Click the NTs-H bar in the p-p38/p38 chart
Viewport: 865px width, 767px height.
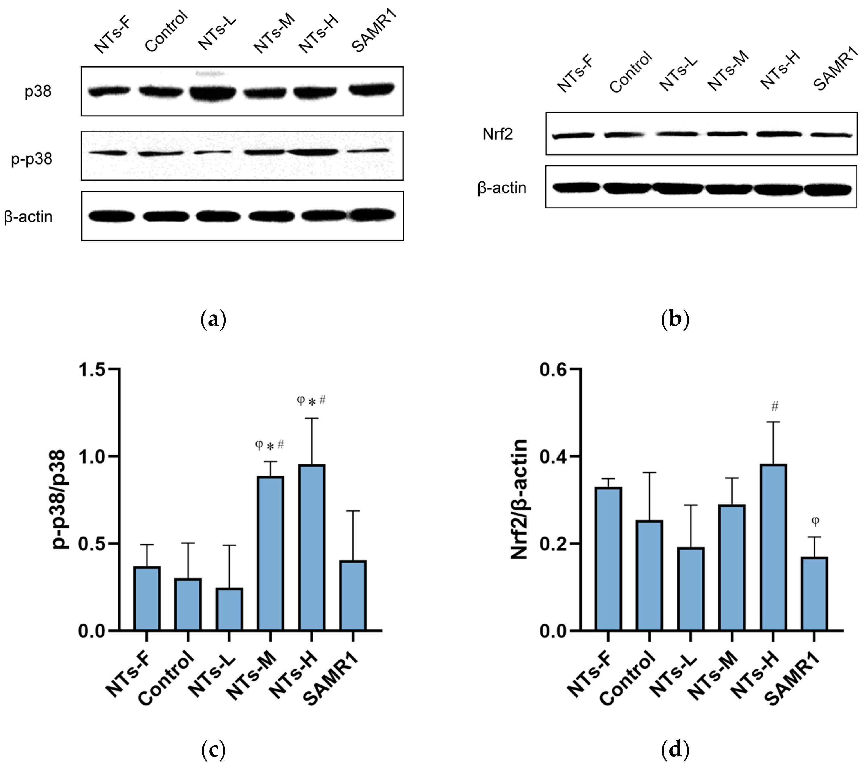[312, 548]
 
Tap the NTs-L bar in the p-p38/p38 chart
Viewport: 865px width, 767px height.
[229, 609]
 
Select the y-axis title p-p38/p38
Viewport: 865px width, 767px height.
[59, 499]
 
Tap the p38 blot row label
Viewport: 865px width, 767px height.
[38, 91]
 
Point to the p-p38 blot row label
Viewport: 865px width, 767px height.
[32, 159]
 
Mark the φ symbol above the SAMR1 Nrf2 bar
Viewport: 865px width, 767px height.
[815, 521]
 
